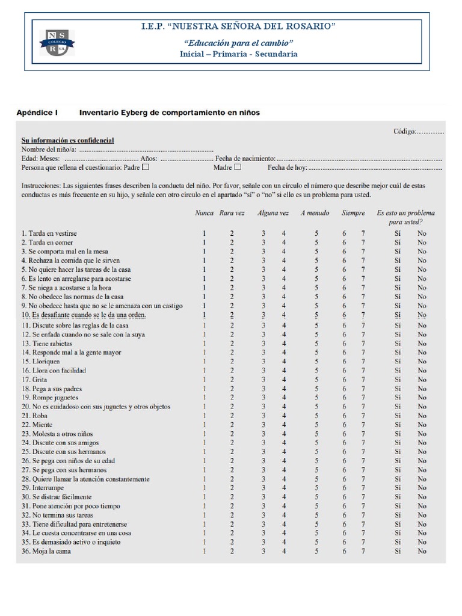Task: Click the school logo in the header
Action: pyautogui.click(x=56, y=46)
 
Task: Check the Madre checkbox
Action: pyautogui.click(x=238, y=168)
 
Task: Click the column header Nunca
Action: pyautogui.click(x=204, y=213)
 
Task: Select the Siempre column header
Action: pyautogui.click(x=353, y=213)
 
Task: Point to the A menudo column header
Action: pyautogui.click(x=315, y=213)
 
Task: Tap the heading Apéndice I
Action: pyautogui.click(x=37, y=112)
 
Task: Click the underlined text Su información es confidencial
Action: pyautogui.click(x=67, y=141)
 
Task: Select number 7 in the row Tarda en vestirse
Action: pyautogui.click(x=363, y=233)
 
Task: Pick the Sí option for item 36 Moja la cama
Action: pyautogui.click(x=398, y=551)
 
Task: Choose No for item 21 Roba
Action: pyautogui.click(x=422, y=416)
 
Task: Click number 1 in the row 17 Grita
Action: pyautogui.click(x=204, y=380)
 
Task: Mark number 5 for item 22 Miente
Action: pyautogui.click(x=316, y=425)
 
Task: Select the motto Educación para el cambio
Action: pyautogui.click(x=238, y=43)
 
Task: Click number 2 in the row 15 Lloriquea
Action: pyautogui.click(x=232, y=362)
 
